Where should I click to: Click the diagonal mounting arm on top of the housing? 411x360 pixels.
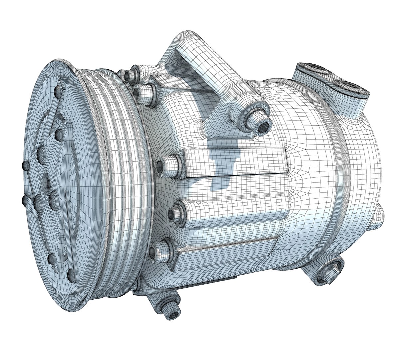pos(213,77)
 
